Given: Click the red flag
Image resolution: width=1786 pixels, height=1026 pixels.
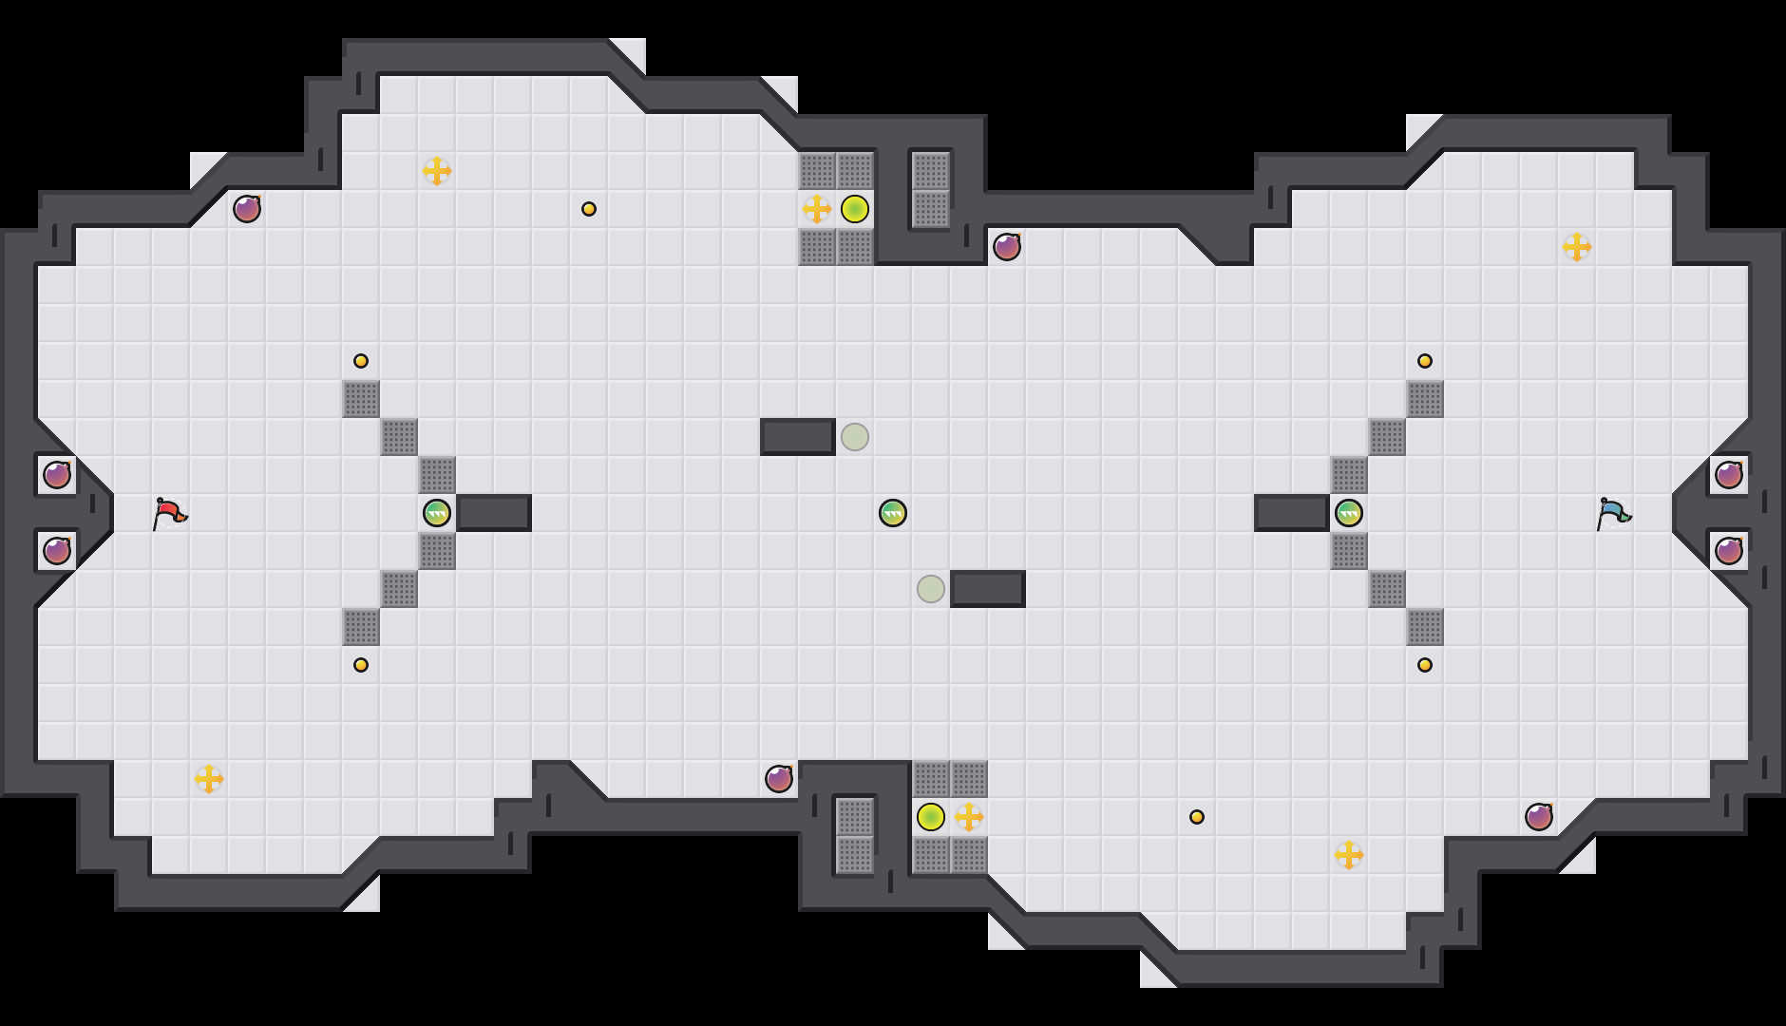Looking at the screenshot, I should [x=169, y=513].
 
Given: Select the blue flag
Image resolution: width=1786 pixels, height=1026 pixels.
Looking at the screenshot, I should [x=1613, y=513].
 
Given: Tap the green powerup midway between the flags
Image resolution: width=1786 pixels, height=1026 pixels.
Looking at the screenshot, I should [x=893, y=513].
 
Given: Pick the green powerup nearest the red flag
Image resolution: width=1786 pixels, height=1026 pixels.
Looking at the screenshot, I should [x=437, y=513].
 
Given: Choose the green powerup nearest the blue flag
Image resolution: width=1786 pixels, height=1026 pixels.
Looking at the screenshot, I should [x=1349, y=513].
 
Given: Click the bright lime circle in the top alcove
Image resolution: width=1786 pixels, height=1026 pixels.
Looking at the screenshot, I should [x=855, y=209].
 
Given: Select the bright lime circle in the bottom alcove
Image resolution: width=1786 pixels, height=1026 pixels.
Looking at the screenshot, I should [x=931, y=817].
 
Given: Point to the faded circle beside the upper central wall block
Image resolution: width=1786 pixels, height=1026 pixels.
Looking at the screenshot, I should [x=855, y=437].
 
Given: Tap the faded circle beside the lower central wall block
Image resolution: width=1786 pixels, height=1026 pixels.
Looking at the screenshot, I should [x=931, y=589].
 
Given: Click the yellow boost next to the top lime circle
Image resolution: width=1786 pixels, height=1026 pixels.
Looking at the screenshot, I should [x=817, y=209].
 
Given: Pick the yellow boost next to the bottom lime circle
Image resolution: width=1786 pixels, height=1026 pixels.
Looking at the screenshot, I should [x=969, y=817].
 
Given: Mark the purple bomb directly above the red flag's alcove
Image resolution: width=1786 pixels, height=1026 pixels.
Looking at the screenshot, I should [x=57, y=475].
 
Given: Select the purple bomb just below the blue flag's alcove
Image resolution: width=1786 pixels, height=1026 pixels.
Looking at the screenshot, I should [x=1729, y=551].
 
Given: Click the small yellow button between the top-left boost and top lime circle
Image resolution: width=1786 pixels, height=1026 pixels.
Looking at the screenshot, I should [x=589, y=209].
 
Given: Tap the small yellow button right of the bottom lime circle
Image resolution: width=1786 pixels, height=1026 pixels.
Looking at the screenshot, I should [x=1197, y=817].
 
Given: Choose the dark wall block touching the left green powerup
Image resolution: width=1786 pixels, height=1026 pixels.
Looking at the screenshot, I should [x=494, y=513].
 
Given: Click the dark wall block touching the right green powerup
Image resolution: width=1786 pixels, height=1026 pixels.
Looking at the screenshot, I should [x=1292, y=513].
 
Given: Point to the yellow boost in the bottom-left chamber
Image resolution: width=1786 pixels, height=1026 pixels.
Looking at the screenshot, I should [x=209, y=779].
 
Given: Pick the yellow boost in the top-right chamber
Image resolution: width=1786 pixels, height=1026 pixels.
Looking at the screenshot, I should [x=1577, y=247].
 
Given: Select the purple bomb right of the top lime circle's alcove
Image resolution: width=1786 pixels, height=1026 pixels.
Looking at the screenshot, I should [x=1007, y=247].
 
